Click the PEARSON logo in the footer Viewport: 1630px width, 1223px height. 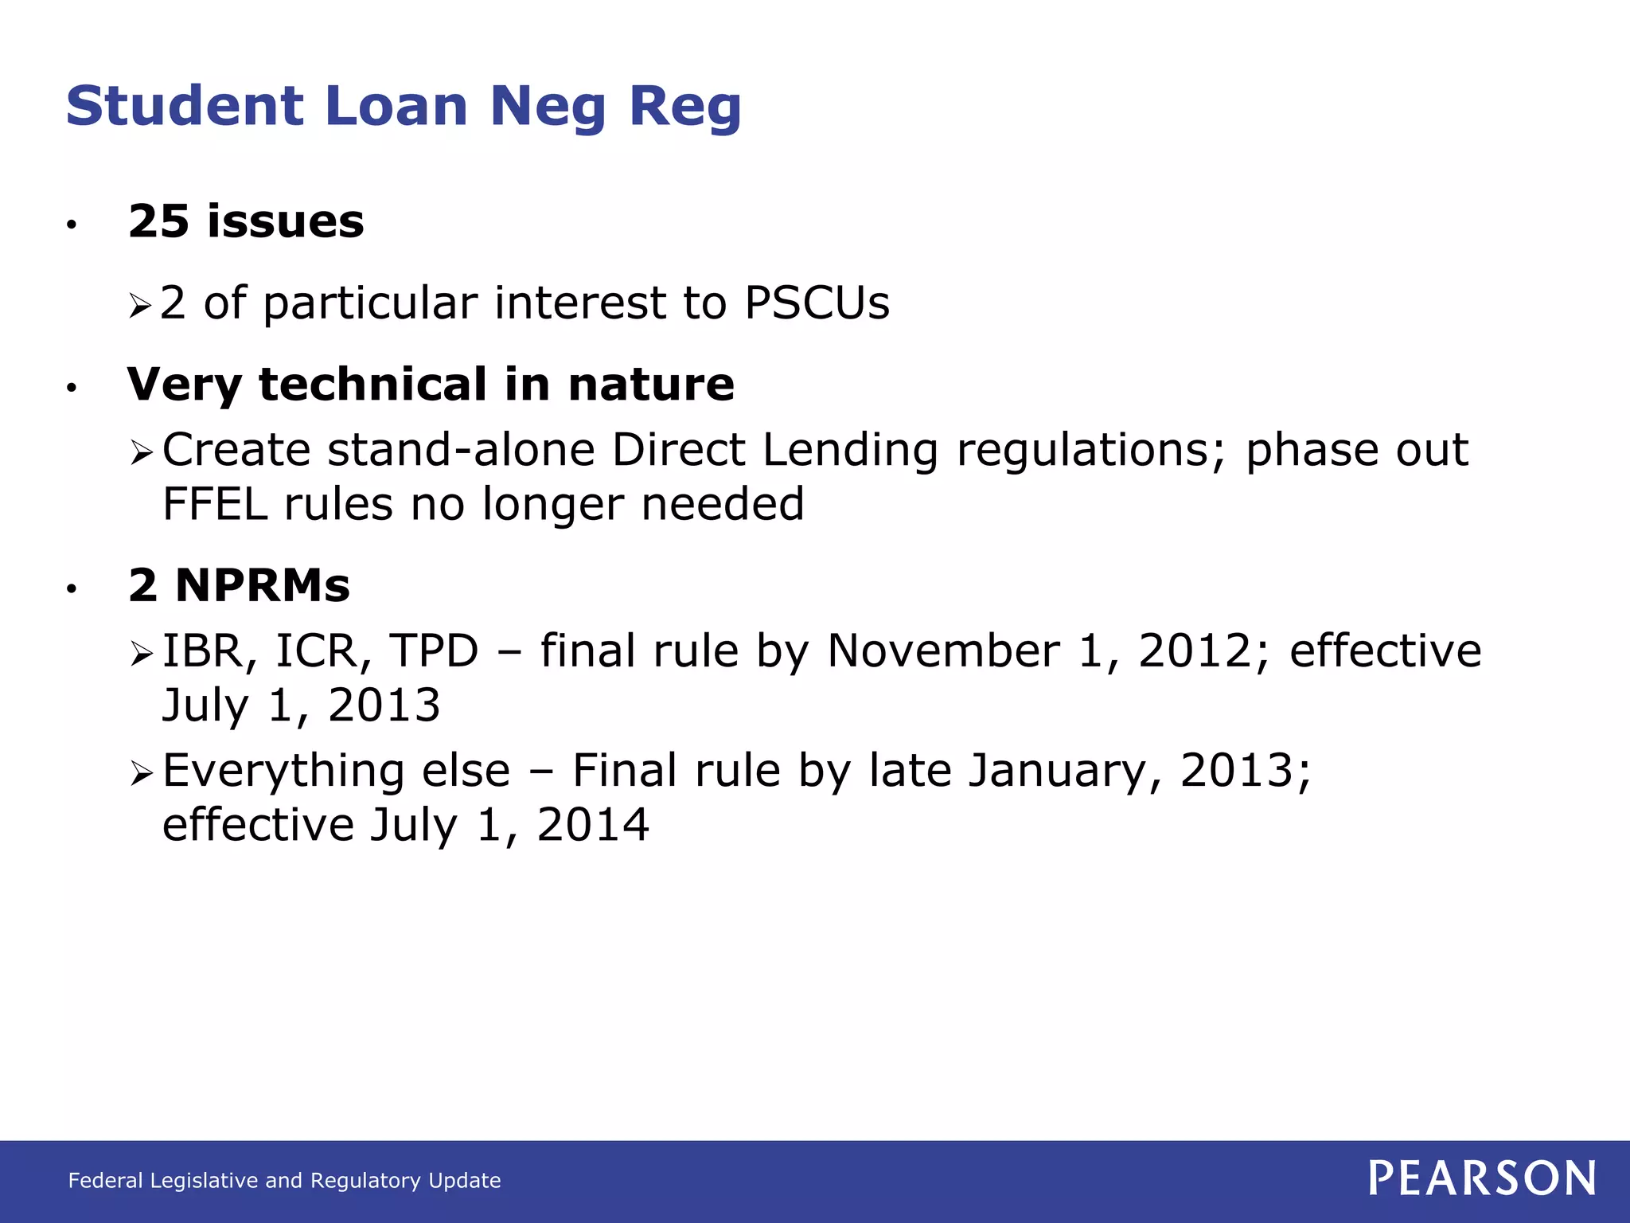click(x=1482, y=1178)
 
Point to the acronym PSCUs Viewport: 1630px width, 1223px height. click(x=817, y=303)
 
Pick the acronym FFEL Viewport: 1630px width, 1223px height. click(x=215, y=504)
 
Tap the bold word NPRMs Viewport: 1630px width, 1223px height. click(x=262, y=586)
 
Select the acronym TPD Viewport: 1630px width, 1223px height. click(x=434, y=651)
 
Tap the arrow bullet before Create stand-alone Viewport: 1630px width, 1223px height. click(x=142, y=454)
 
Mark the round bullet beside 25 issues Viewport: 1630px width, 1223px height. click(x=72, y=225)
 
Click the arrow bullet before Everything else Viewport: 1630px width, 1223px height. click(x=142, y=773)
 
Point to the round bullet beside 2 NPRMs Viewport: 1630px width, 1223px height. click(x=72, y=589)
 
